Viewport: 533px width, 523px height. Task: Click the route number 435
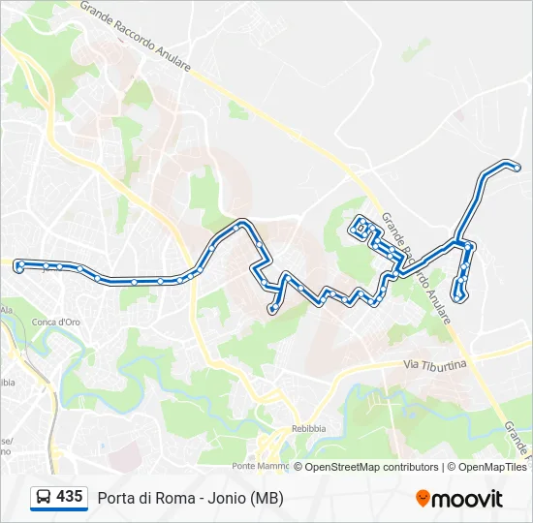69,496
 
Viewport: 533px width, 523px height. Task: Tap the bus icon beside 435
44,497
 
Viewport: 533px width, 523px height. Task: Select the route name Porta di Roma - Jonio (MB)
190,498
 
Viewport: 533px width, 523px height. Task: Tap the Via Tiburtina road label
435,364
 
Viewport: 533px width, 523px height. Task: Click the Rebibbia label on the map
311,428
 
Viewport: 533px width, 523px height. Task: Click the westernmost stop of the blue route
19,263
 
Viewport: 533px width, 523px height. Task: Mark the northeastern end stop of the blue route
517,169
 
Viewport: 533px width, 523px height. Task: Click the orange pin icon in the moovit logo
423,499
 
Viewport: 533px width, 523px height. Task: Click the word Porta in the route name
116,498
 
